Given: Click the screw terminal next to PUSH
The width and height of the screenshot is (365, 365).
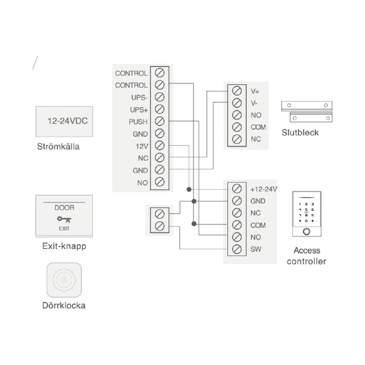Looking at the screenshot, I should coord(159,121).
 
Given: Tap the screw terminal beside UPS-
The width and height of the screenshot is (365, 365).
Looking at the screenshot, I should coord(159,97).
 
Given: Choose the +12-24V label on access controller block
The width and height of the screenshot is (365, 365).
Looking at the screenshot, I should coord(264,189).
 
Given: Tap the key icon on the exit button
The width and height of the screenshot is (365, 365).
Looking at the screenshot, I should coord(64,220).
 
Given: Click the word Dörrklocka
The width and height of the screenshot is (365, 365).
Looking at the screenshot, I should coord(64,305).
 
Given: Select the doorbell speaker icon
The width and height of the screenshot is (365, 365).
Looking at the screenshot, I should coord(64,280).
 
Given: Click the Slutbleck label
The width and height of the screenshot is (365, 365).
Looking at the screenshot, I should coord(300,132).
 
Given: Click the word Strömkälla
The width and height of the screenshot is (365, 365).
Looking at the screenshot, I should coord(58,147).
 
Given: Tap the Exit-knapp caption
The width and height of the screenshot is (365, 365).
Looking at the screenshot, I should coord(64,246).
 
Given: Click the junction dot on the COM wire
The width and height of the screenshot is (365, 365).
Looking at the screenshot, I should coord(194,223).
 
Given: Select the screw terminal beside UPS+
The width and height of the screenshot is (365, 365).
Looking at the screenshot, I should coord(159,109).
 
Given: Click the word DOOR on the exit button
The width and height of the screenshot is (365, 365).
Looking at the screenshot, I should coord(64,208).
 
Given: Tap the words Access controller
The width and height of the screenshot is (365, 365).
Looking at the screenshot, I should coord(307,255).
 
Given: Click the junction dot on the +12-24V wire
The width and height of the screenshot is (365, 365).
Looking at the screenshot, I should coord(189,189).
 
